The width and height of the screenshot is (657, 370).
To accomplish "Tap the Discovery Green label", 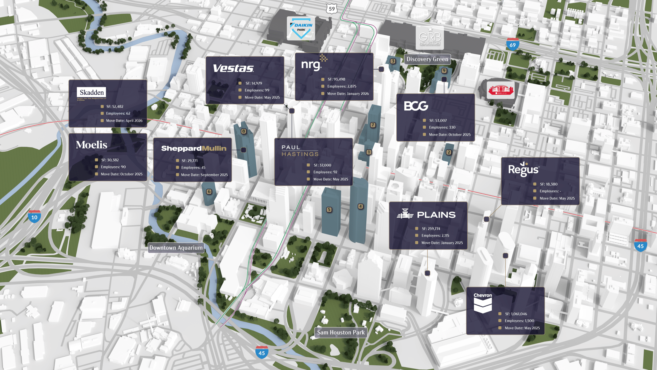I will (427, 59).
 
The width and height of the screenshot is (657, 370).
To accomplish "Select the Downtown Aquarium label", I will (176, 248).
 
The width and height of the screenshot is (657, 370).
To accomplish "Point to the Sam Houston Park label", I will (341, 332).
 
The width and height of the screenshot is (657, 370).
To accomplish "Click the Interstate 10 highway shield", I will (34, 217).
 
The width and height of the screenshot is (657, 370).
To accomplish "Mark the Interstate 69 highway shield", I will (512, 44).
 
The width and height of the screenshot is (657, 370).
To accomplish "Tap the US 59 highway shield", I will (332, 8).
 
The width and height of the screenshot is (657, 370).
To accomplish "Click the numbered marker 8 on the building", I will (243, 131).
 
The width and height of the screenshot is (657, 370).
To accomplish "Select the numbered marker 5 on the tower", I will (329, 210).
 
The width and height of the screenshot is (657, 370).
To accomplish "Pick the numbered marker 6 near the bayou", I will (209, 192).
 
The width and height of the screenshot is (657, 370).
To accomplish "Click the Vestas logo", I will (233, 68).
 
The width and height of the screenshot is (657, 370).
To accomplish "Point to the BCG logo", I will (416, 106).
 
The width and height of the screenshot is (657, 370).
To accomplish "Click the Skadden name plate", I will (92, 93).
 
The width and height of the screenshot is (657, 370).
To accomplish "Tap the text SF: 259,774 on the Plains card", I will (431, 229).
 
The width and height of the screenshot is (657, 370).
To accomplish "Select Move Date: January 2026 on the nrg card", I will (348, 94).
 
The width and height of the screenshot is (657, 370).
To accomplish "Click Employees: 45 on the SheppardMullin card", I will (193, 168).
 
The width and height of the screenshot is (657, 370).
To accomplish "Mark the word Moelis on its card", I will (91, 145).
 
